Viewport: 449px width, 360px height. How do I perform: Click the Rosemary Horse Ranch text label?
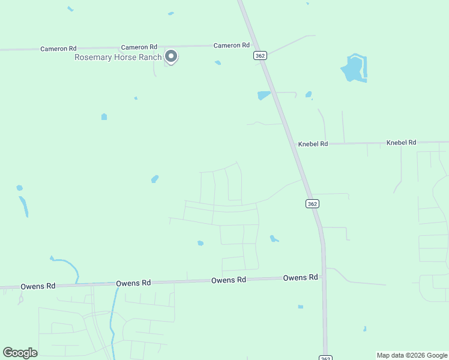pos(118,58)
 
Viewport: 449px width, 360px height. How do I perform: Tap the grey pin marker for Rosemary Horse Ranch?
pos(171,56)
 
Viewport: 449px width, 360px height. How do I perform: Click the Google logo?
pos(20,352)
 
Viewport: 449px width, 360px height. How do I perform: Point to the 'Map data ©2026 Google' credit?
pos(412,355)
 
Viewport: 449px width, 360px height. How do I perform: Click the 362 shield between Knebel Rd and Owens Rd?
pos(312,203)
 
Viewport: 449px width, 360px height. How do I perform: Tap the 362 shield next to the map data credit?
pos(325,358)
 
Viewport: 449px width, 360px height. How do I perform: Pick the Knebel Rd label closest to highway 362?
pos(313,144)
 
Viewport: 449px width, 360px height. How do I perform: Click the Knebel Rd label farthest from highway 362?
pos(401,142)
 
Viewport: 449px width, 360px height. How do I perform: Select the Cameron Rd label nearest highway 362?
pos(232,46)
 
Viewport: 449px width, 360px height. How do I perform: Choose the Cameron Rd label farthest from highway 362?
pos(58,49)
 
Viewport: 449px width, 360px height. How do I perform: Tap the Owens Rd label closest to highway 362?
pos(300,277)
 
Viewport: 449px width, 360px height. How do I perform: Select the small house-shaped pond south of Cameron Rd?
pos(104,116)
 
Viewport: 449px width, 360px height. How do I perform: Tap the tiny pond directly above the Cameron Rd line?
pos(171,13)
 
